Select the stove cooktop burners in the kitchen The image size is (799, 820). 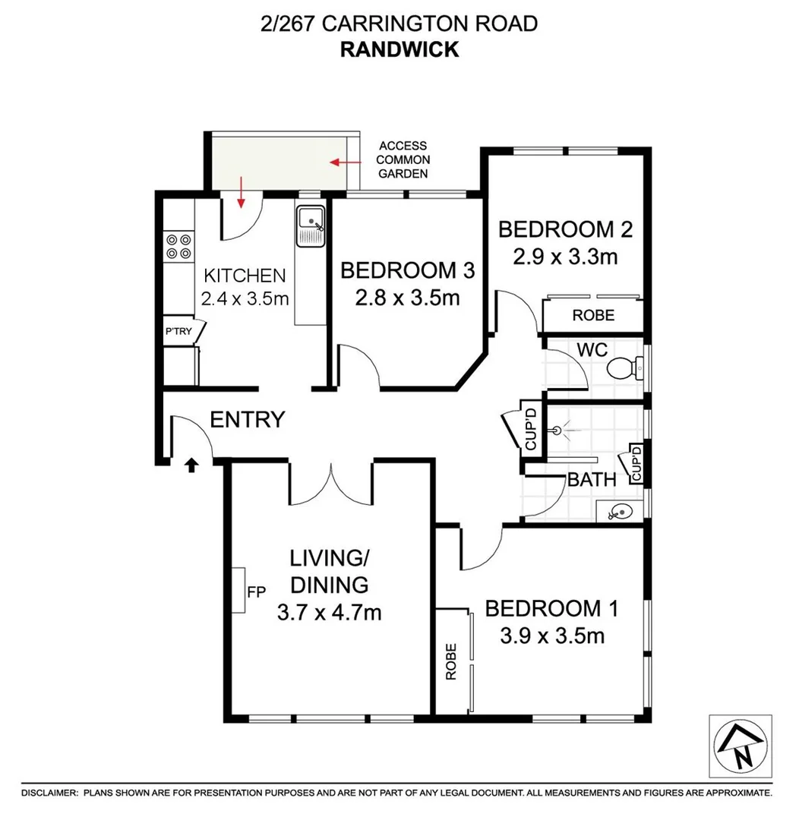click(178, 246)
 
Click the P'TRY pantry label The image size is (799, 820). click(179, 331)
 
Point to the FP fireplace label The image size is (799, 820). click(253, 589)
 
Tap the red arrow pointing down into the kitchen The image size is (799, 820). click(242, 193)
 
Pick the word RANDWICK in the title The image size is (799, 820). click(399, 49)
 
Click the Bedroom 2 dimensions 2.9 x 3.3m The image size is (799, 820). click(565, 257)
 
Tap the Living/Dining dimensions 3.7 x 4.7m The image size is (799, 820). click(329, 611)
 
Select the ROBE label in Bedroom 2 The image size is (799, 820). click(593, 315)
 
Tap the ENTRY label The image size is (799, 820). click(247, 419)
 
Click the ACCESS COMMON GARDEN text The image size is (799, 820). click(403, 159)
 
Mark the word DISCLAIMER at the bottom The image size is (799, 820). click(49, 792)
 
